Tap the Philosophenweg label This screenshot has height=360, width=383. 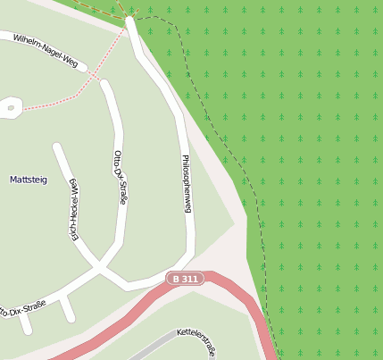[x=187, y=183]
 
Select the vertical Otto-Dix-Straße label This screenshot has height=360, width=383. [x=120, y=177]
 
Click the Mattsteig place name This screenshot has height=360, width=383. [x=28, y=180]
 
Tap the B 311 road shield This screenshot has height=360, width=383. [x=185, y=280]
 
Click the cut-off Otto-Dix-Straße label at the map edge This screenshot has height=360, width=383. [x=21, y=310]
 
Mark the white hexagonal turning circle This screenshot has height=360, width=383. [x=11, y=108]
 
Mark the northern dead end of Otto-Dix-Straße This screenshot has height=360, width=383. [x=104, y=84]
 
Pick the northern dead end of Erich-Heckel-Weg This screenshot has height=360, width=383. [x=57, y=147]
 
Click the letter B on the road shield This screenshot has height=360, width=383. [x=176, y=280]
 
